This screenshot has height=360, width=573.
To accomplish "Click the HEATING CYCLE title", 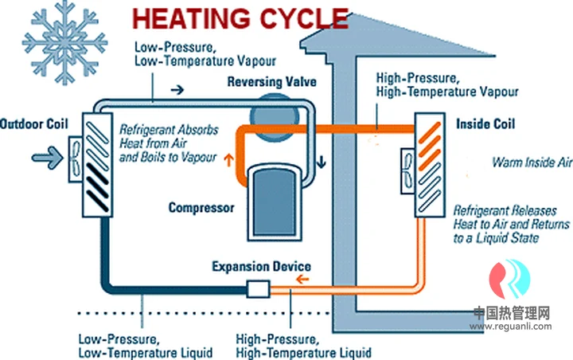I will (x=240, y=18).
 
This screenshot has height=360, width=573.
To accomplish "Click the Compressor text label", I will (x=201, y=208).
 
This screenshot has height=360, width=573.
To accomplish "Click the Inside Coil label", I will (x=485, y=124).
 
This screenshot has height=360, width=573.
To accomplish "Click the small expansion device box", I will (x=260, y=288).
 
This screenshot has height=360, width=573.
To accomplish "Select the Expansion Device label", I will (x=261, y=266).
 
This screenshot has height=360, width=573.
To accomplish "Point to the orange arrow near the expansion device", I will (x=302, y=280).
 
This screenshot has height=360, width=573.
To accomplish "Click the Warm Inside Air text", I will (x=532, y=162).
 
